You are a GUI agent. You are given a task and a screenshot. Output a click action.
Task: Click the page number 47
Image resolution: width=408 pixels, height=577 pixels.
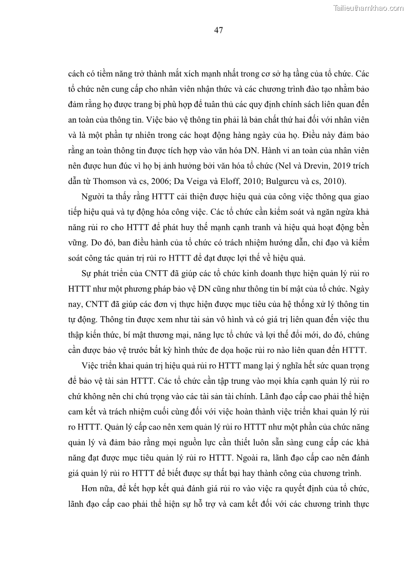(218, 30)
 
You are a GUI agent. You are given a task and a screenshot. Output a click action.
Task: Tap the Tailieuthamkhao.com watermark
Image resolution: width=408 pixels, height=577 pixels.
(369, 8)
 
